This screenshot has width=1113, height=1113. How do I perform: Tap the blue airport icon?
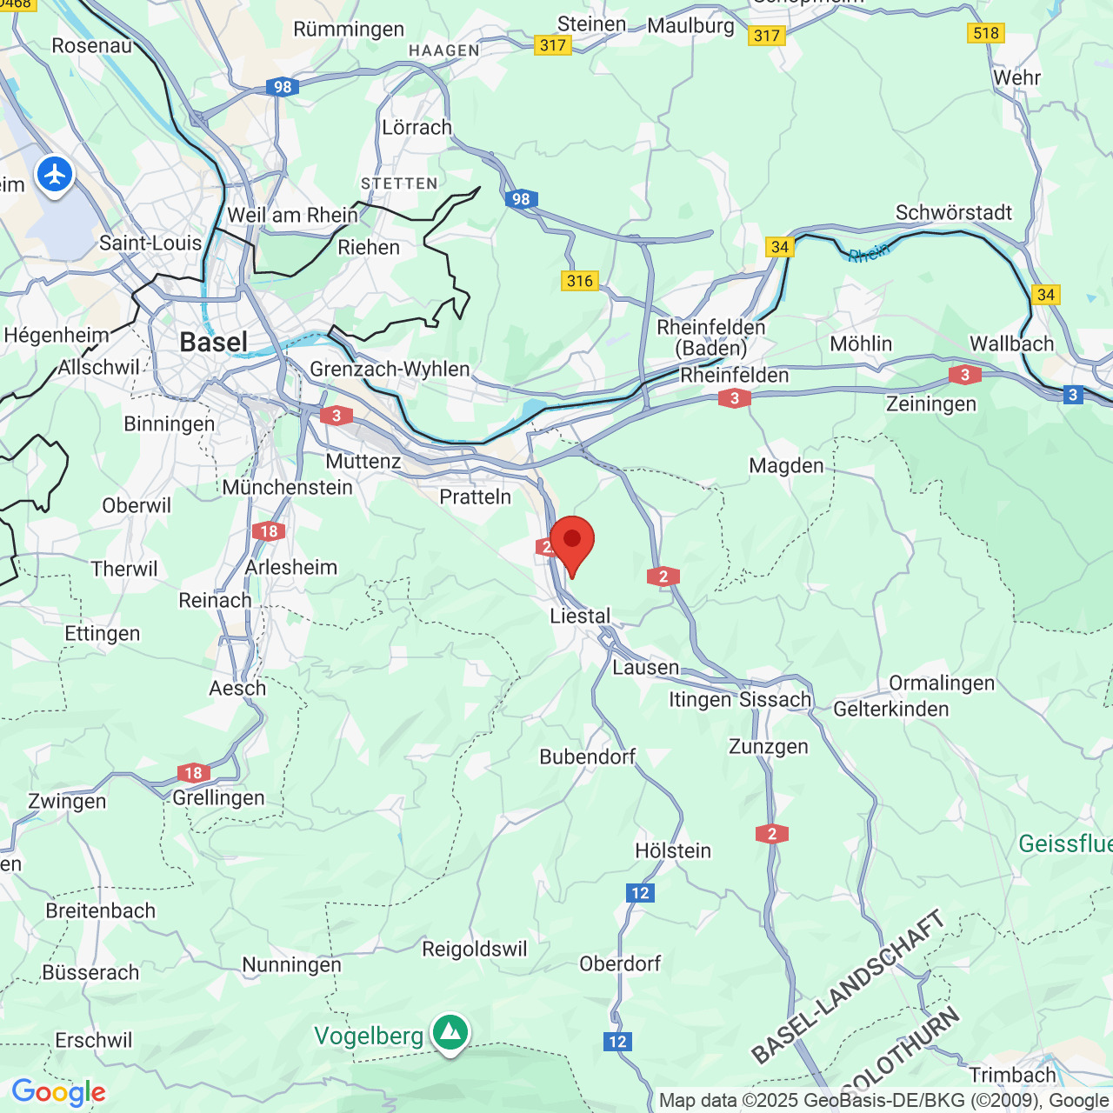(55, 175)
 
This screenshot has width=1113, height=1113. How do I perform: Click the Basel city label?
(214, 343)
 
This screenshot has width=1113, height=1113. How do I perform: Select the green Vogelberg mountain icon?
(450, 1032)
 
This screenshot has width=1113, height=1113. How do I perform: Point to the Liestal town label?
(580, 616)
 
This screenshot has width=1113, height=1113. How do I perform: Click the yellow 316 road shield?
(580, 280)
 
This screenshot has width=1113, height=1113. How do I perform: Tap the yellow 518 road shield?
(986, 33)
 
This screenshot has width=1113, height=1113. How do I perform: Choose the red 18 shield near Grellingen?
(193, 772)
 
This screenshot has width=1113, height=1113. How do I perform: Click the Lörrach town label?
(417, 127)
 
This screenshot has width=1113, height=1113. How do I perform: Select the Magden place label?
(786, 466)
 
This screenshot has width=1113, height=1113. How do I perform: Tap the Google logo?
(58, 1092)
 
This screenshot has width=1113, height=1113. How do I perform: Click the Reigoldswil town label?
(475, 949)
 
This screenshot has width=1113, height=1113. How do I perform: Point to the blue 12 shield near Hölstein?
(640, 893)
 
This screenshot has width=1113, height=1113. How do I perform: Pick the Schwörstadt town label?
(954, 212)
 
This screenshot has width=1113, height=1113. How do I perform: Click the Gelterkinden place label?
(891, 710)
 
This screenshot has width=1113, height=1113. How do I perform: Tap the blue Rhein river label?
(869, 253)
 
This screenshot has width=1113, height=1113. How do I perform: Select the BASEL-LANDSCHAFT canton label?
(848, 987)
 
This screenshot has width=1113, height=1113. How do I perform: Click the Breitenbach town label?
(101, 910)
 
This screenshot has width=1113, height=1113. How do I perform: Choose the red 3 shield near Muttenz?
(337, 416)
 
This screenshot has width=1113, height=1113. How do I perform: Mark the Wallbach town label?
(1012, 343)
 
